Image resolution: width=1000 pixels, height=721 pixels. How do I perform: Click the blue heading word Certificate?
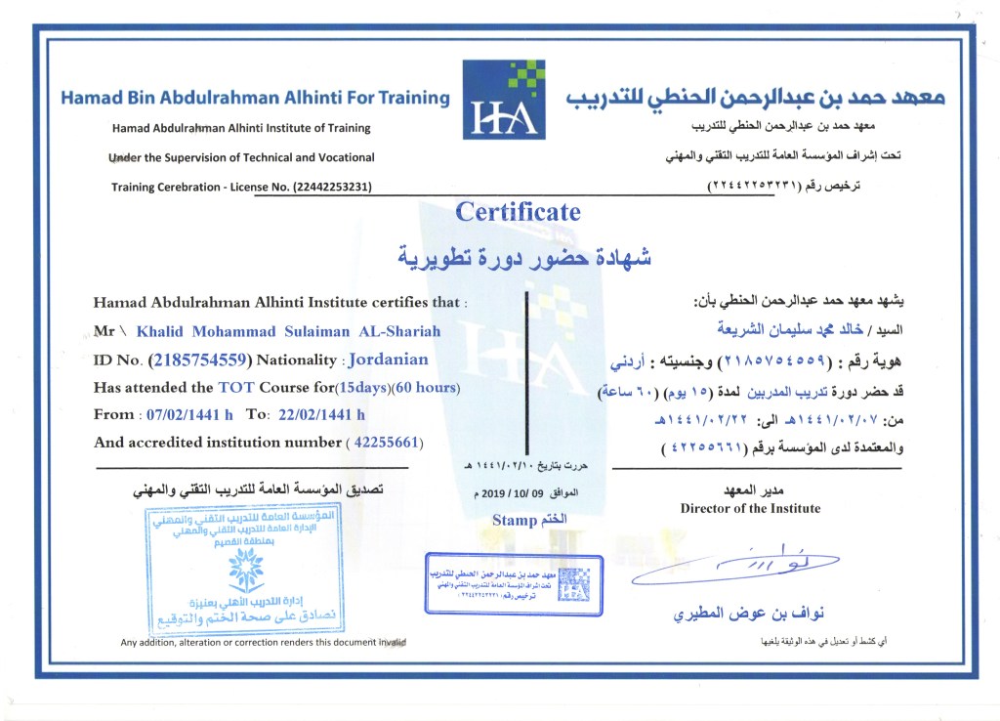(518, 212)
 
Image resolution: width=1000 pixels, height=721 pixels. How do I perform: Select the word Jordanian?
(388, 360)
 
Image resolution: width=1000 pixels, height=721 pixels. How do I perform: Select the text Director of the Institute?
(750, 508)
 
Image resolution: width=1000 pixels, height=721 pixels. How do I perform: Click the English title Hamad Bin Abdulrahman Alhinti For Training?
(255, 98)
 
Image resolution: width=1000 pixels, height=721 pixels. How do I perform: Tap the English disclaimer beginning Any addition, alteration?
(263, 642)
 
